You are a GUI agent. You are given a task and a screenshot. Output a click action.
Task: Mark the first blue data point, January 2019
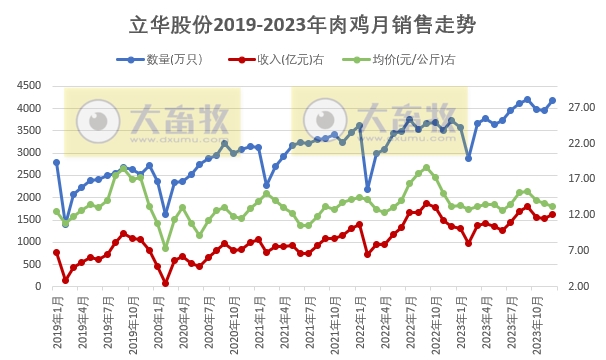(56, 162)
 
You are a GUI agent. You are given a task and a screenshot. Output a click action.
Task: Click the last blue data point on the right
(553, 100)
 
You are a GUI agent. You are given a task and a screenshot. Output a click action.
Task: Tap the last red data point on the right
(553, 214)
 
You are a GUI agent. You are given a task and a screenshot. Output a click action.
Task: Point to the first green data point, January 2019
(56, 211)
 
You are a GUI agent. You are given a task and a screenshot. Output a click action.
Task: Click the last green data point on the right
(553, 206)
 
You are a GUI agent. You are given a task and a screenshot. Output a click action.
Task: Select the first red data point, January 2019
(56, 252)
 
